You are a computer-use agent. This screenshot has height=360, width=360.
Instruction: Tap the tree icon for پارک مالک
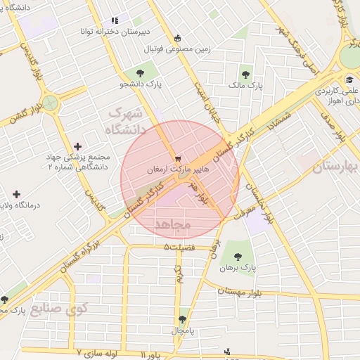[x=245, y=72]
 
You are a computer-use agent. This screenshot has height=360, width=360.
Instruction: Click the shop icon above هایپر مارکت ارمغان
[x=178, y=158]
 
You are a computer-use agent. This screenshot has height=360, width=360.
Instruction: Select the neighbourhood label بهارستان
[x=336, y=166]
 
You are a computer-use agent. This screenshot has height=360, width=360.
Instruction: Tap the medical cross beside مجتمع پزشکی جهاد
[x=77, y=147]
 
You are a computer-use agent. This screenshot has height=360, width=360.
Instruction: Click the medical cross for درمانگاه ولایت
[x=16, y=193]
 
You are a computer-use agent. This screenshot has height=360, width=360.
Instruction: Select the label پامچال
[x=184, y=329]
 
